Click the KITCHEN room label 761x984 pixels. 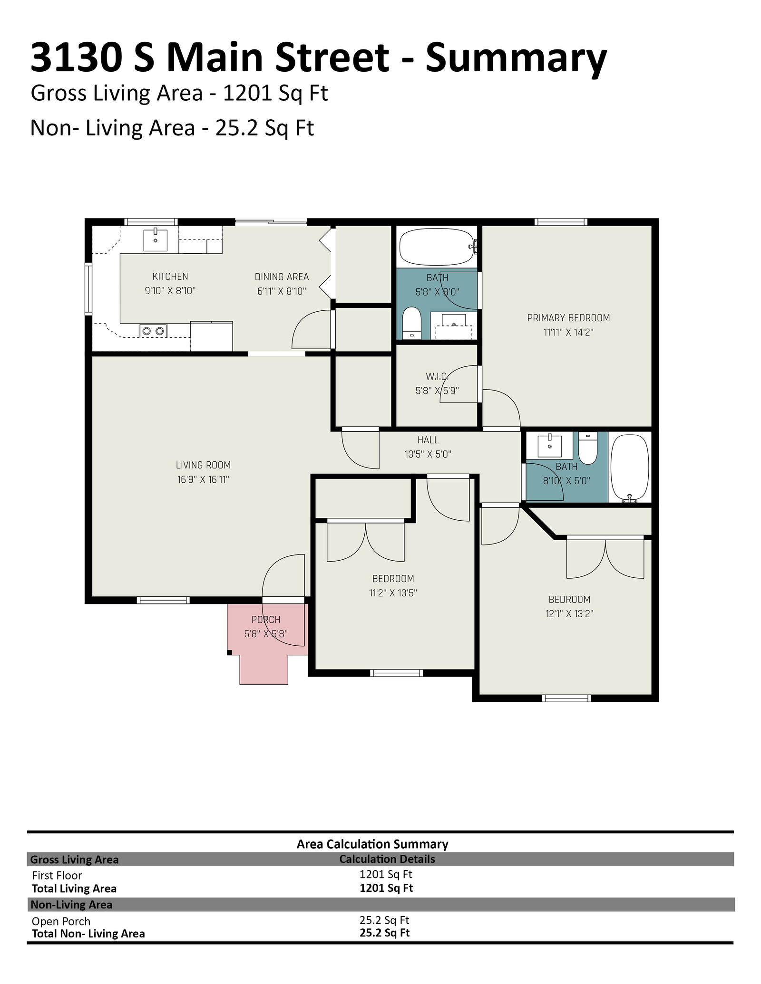(170, 277)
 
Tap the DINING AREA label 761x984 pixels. (282, 277)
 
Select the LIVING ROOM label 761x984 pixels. (203, 465)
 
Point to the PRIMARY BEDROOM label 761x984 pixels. (568, 318)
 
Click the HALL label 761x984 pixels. (428, 440)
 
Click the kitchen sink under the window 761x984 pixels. (156, 240)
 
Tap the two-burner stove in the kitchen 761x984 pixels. (153, 330)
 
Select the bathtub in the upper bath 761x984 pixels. (437, 247)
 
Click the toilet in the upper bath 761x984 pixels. (412, 323)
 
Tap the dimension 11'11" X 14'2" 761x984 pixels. (568, 333)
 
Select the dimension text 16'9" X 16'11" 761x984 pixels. (203, 479)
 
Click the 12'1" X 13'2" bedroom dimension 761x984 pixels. (569, 614)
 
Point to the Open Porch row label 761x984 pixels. (61, 921)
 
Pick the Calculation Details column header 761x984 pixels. (387, 859)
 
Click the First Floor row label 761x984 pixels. (57, 875)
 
